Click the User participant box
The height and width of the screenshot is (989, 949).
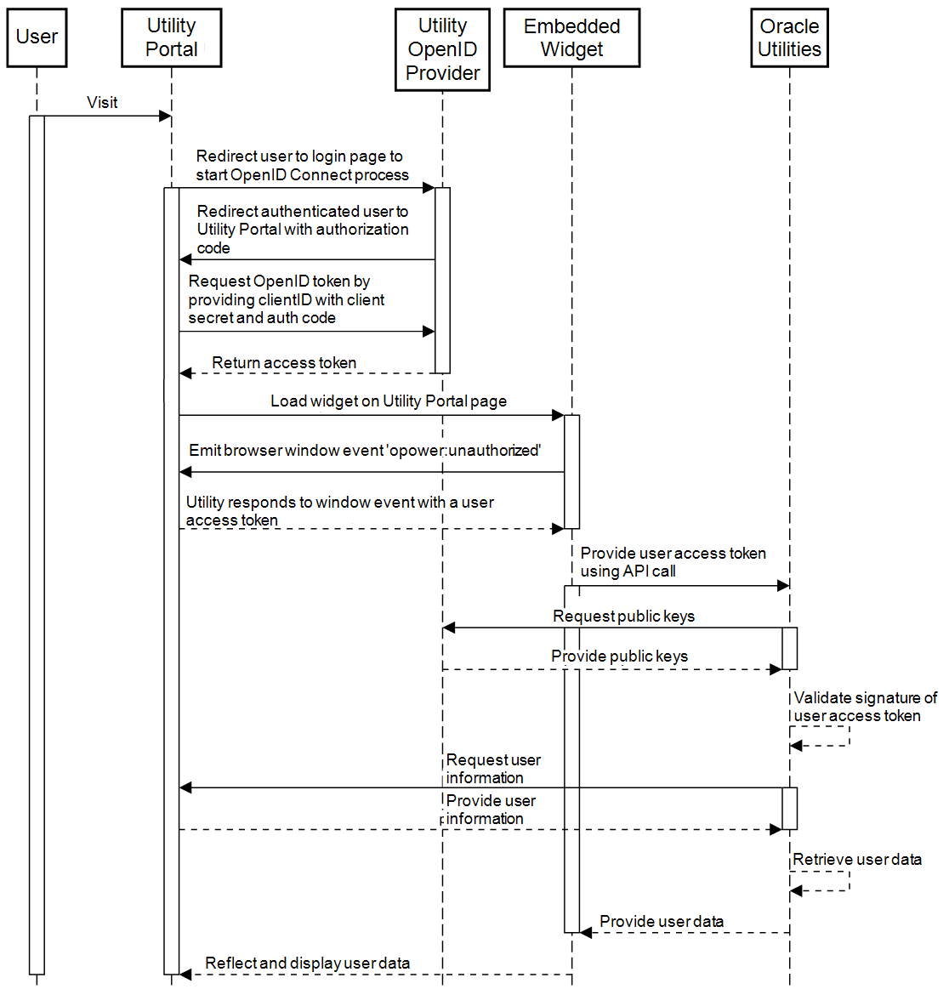click(x=37, y=37)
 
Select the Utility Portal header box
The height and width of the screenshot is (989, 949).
click(x=171, y=37)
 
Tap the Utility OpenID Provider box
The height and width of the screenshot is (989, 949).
click(x=442, y=49)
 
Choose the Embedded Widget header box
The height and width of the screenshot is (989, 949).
click(x=571, y=37)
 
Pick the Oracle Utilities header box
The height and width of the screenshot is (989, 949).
click(x=789, y=37)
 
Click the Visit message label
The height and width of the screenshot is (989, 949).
click(x=102, y=103)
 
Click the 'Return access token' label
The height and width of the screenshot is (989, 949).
click(x=284, y=363)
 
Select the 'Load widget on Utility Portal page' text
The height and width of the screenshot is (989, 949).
click(x=389, y=401)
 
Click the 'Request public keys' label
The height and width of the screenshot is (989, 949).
click(x=623, y=617)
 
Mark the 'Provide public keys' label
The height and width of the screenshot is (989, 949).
click(x=619, y=656)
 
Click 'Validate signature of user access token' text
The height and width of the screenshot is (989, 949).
click(x=864, y=708)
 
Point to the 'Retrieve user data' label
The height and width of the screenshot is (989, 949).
click(x=857, y=860)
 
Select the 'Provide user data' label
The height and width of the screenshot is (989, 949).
click(x=662, y=922)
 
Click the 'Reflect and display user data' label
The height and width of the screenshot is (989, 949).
click(x=308, y=963)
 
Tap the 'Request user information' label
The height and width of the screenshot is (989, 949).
click(x=493, y=769)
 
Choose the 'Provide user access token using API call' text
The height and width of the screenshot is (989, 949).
click(x=673, y=562)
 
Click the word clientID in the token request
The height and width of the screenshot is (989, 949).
click(x=282, y=300)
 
